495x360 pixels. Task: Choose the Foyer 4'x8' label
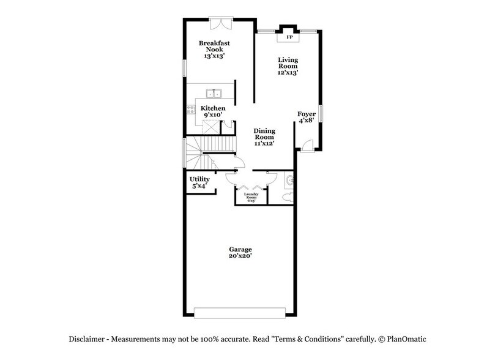[x=307, y=118]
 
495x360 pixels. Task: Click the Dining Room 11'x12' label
[x=264, y=137]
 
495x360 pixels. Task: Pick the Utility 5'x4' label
[x=199, y=182]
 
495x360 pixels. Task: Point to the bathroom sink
[x=290, y=181]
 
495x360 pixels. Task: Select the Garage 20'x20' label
[x=240, y=253]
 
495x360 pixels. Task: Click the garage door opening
[x=240, y=312]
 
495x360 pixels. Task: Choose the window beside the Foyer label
[x=320, y=114]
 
